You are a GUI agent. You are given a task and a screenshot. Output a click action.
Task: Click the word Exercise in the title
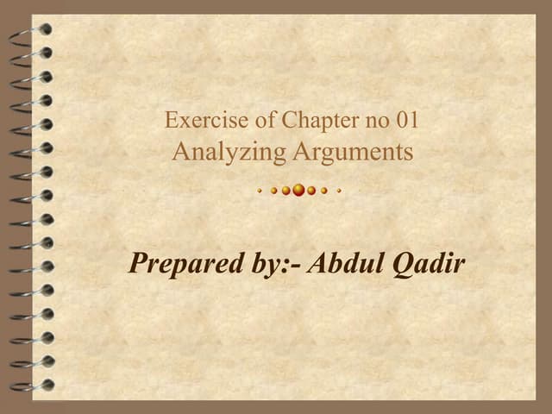pos(195,120)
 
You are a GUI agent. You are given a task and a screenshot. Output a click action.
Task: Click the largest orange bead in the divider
pos(298,190)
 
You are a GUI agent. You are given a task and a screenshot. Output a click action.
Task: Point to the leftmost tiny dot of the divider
pos(259,191)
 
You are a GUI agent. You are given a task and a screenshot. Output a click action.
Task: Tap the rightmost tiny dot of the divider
pos(340,191)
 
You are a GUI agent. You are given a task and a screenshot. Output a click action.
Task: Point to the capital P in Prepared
pos(138,262)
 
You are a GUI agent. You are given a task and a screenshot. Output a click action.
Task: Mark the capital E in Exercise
pos(171,120)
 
